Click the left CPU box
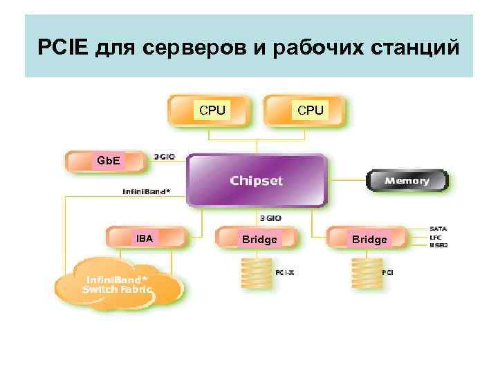(212, 110)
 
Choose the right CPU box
(310, 110)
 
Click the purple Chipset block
(257, 181)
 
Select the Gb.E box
(107, 162)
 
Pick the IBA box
(145, 238)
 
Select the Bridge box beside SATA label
(369, 239)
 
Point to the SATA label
(438, 228)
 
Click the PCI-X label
(285, 273)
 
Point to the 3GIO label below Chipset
(270, 217)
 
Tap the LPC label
(436, 237)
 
